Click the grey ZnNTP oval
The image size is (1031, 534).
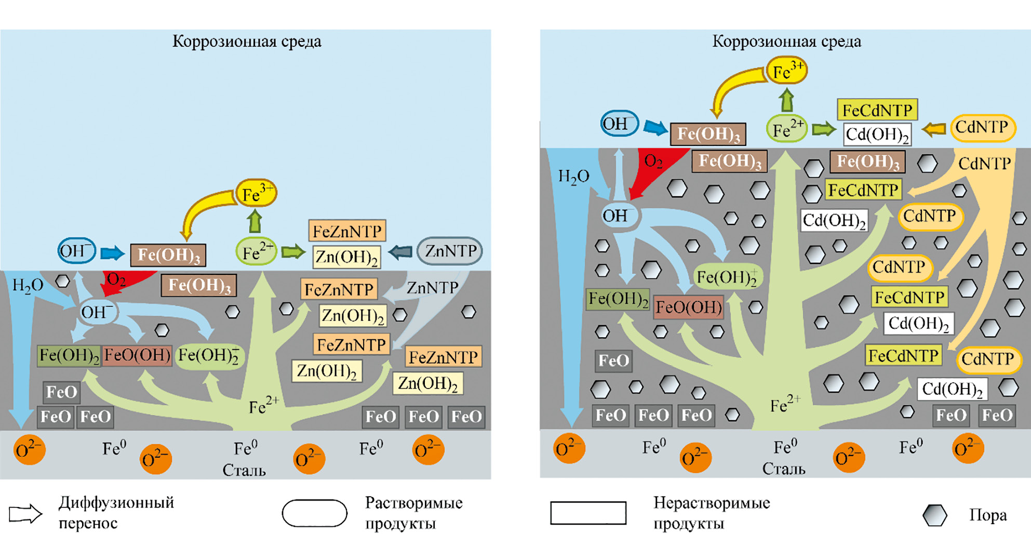tap(450, 251)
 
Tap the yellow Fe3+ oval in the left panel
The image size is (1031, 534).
tap(256, 193)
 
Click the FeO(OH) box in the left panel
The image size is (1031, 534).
tap(137, 355)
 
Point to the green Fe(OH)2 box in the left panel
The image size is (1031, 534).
tap(69, 355)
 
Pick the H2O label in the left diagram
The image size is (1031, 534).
tap(28, 285)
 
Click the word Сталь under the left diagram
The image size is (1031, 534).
tap(244, 470)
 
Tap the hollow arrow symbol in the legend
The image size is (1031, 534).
tap(25, 513)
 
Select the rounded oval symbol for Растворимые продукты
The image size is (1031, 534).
tap(314, 513)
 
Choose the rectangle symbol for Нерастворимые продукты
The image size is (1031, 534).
tap(588, 513)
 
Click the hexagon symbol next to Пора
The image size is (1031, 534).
tap(934, 515)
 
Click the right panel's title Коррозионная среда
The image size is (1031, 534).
tap(786, 42)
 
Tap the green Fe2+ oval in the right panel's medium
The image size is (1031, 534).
tap(787, 129)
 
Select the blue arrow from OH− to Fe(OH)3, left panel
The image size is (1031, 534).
tap(112, 253)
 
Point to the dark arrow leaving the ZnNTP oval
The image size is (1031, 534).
tap(400, 252)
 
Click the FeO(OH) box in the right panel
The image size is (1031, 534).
tap(688, 307)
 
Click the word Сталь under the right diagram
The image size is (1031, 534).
tap(784, 469)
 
